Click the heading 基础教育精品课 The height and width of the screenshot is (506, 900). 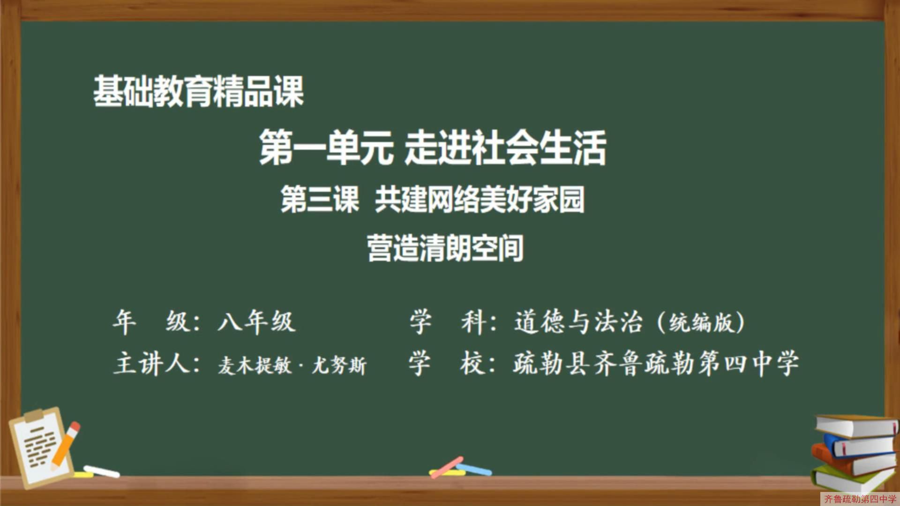tap(198, 91)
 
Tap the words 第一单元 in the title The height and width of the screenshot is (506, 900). tap(326, 148)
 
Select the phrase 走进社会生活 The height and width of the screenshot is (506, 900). tap(505, 148)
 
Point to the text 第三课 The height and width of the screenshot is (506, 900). tap(320, 200)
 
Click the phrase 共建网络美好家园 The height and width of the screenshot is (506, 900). tap(480, 200)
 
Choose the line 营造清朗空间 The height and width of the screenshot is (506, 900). tap(445, 248)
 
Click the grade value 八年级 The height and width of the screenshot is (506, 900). tap(256, 322)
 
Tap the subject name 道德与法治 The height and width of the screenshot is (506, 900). tap(577, 322)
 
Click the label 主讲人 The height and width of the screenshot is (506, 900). tap(157, 364)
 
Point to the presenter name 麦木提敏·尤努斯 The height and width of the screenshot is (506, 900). tap(292, 365)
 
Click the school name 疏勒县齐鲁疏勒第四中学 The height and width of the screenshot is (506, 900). tap(655, 364)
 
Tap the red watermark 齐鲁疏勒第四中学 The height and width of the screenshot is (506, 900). tap(860, 499)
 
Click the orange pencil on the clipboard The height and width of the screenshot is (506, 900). tap(65, 445)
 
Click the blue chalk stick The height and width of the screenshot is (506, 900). tap(474, 469)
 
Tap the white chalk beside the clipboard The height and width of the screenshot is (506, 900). tap(102, 471)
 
